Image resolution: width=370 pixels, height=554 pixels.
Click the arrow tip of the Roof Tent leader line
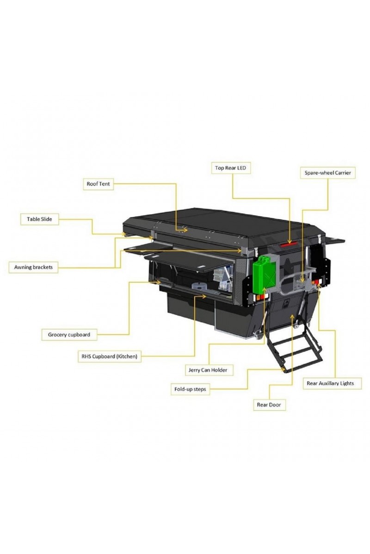[187, 230]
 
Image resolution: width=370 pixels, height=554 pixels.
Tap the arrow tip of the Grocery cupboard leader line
[160, 282]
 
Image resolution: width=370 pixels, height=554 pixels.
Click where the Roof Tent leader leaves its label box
[113, 184]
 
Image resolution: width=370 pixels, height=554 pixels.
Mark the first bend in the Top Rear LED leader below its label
[233, 198]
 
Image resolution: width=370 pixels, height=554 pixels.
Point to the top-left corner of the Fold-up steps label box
[171, 383]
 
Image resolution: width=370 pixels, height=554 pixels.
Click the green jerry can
[264, 275]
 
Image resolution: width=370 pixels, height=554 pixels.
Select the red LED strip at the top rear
[289, 244]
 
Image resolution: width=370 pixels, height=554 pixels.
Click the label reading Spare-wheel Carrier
[327, 173]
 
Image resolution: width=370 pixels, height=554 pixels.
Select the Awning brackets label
[33, 267]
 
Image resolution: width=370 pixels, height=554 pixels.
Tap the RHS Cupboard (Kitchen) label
[109, 356]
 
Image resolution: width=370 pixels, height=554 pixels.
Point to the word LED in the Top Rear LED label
[241, 168]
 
